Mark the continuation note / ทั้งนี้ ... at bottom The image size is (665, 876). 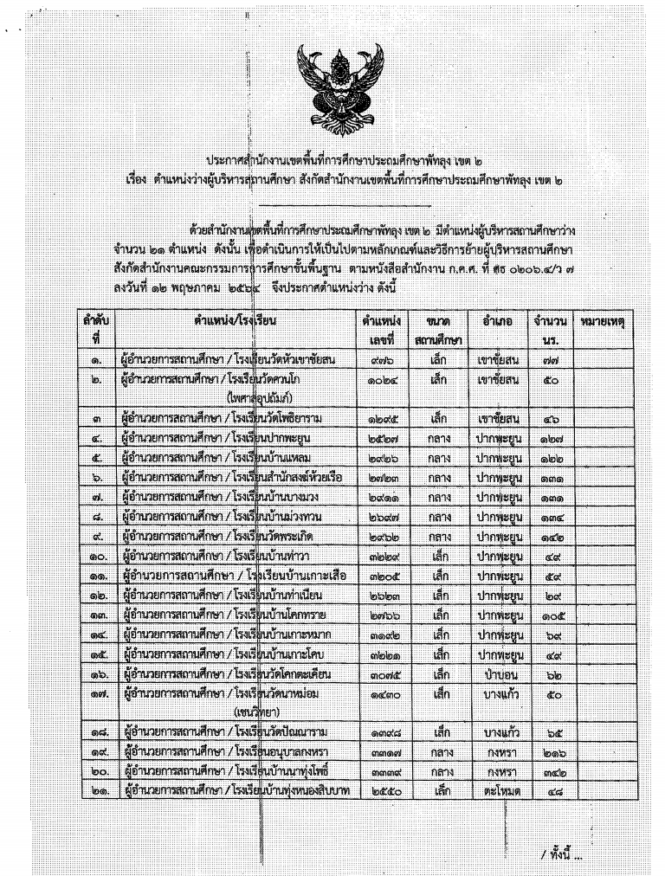click(560, 854)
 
